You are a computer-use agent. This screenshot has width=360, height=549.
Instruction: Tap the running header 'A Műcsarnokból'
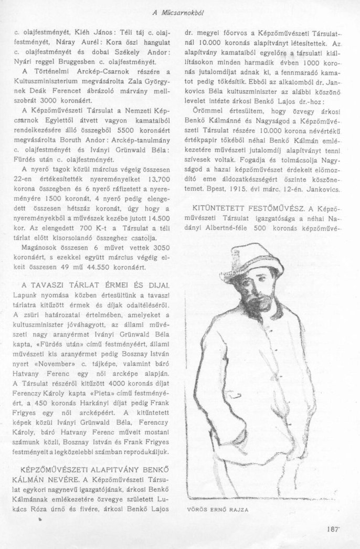[180, 11]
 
